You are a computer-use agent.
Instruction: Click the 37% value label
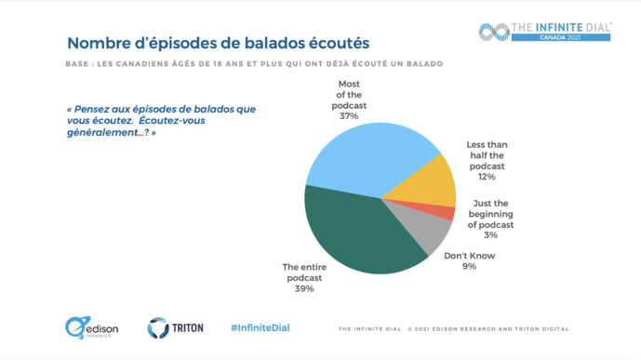tap(349, 117)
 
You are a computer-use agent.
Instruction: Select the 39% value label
tap(304, 288)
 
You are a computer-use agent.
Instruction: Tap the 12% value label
tap(487, 175)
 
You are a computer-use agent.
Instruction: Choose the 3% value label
tap(490, 236)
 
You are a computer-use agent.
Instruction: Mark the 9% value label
tap(469, 267)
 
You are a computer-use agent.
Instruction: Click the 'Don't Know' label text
tap(469, 256)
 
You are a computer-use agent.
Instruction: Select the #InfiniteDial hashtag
tap(260, 328)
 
